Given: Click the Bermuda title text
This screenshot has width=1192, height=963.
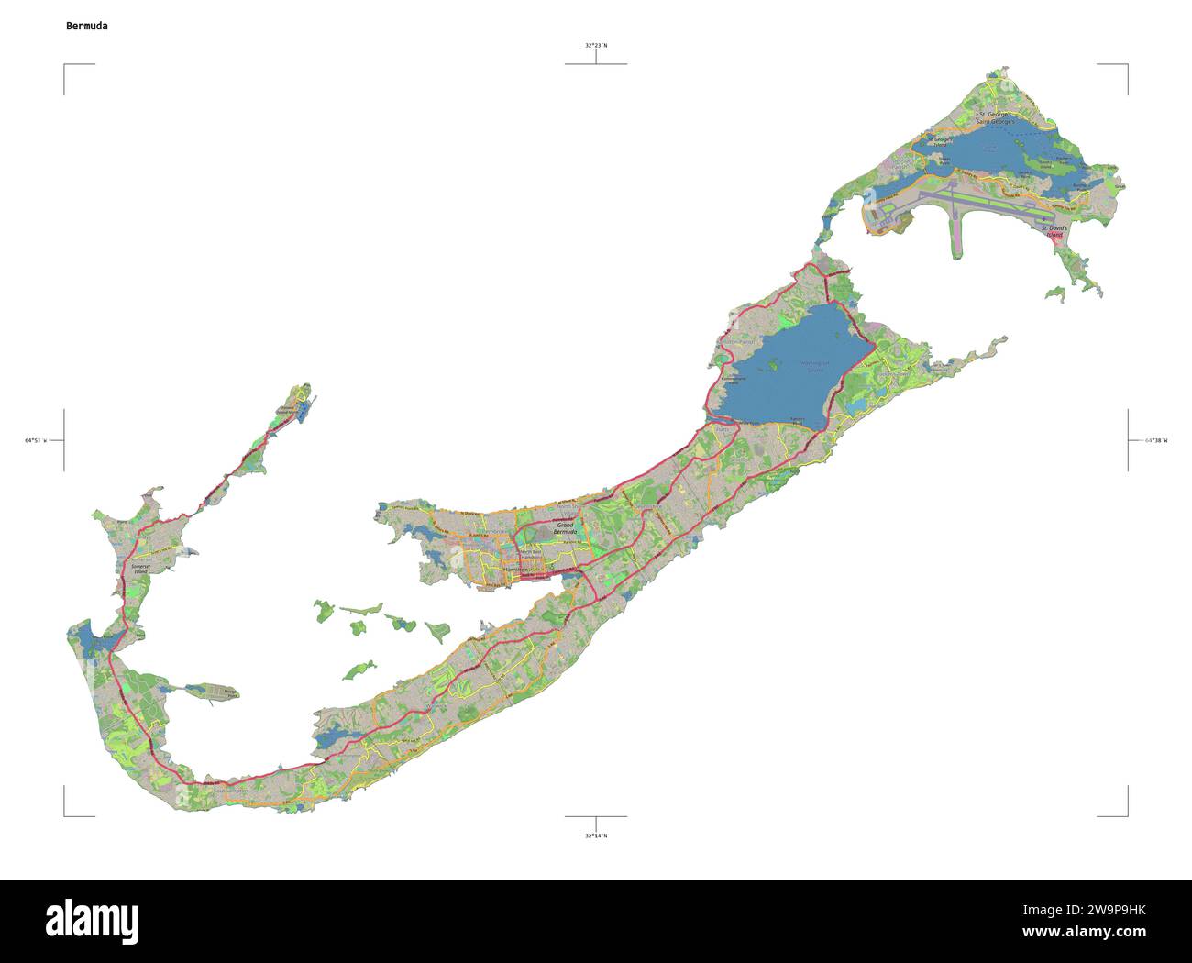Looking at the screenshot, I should (86, 26).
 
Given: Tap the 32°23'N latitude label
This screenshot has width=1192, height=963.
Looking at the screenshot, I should (596, 45).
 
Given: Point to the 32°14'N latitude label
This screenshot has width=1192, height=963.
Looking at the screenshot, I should (596, 836).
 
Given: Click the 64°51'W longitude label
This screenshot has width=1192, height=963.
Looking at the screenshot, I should (38, 440).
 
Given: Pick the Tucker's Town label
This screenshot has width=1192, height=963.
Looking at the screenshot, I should (894, 374).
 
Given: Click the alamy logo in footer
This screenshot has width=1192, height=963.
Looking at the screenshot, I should (92, 920).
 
